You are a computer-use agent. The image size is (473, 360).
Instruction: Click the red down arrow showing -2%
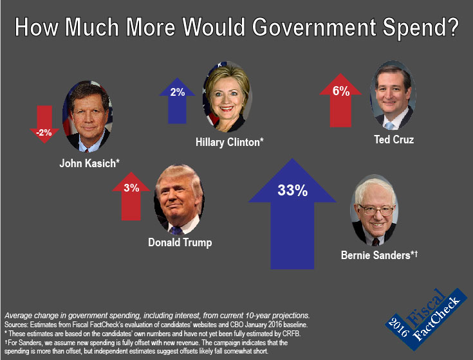(44, 126)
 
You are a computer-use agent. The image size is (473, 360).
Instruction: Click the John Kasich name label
(90, 163)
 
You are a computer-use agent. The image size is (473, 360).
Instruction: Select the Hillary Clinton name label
(230, 141)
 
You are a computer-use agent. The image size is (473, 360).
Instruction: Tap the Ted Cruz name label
(393, 139)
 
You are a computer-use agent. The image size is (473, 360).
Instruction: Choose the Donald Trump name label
(180, 242)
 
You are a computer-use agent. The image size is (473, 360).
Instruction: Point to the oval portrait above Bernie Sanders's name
(374, 212)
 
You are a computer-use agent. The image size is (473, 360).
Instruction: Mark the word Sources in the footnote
(19, 325)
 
